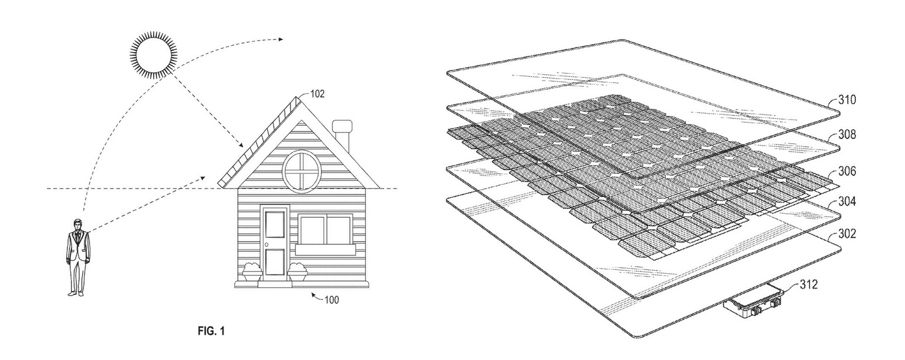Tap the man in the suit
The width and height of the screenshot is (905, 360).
[78, 257]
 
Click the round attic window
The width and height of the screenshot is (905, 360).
[302, 170]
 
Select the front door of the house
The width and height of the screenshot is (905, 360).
[274, 241]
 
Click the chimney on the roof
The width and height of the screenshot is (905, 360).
[342, 138]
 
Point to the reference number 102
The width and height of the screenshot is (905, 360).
[317, 94]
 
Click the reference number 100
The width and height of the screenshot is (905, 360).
[331, 300]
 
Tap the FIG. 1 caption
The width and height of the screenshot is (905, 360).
[211, 332]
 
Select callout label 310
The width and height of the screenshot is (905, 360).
[847, 100]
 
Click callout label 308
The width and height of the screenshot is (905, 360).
[847, 134]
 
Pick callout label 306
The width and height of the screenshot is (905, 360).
[847, 171]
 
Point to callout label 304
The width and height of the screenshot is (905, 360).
[847, 201]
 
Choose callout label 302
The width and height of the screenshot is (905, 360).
[847, 234]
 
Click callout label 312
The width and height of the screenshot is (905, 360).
[809, 285]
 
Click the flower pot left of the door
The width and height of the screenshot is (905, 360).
[252, 271]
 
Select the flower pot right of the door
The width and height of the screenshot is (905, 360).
[297, 271]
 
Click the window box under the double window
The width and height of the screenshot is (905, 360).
[326, 250]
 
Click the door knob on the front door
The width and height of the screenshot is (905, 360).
[266, 245]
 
